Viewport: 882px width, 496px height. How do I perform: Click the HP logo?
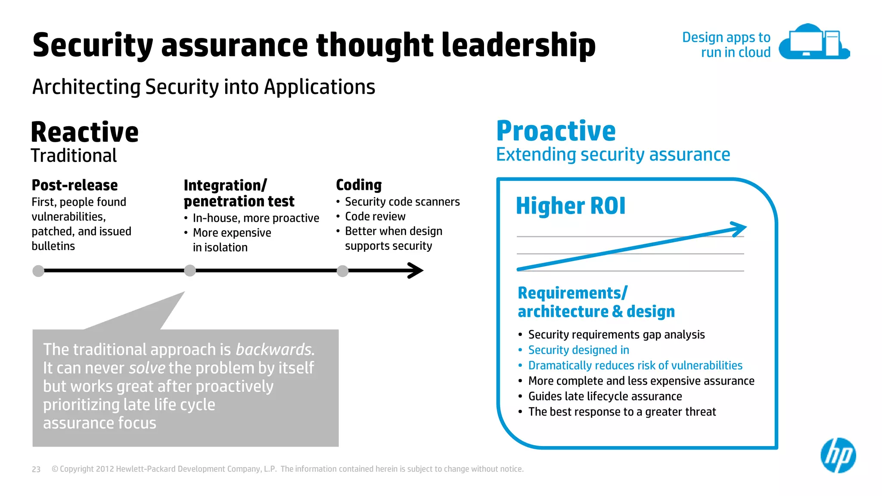838,455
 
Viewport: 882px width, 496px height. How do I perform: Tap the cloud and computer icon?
814,42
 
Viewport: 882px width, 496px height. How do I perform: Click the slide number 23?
36,469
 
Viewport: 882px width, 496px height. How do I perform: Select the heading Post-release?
75,185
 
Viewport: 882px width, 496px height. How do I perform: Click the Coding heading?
359,185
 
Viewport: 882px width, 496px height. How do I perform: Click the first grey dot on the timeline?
38,271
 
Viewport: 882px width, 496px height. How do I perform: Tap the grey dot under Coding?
342,271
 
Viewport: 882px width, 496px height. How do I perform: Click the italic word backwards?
274,350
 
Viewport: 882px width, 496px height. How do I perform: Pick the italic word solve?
147,368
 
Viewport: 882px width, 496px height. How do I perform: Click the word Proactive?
556,131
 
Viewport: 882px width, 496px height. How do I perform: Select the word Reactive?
85,132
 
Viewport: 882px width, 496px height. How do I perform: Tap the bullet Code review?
375,217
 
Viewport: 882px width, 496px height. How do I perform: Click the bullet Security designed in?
578,350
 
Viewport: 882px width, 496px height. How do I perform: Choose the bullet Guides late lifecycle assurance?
605,396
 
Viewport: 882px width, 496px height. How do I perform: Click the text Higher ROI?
570,206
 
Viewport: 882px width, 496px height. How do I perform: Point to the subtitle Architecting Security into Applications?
204,87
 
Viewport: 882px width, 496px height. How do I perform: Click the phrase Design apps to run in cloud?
727,45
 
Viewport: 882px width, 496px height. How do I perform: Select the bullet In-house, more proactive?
256,218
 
